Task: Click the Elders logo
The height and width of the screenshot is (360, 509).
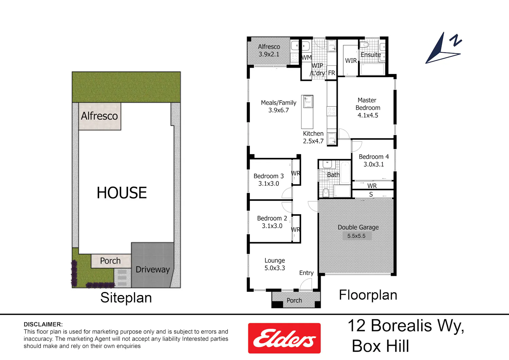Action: [284, 338]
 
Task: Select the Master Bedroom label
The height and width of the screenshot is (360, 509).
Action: [367, 104]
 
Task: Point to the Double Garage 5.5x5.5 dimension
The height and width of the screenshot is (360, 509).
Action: [356, 236]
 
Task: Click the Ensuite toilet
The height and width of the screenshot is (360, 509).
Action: [364, 44]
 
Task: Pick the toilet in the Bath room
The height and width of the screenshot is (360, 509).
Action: [326, 193]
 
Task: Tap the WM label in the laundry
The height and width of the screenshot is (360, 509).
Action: [306, 57]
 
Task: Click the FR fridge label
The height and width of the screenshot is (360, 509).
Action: [332, 73]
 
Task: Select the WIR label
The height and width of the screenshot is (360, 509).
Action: [351, 60]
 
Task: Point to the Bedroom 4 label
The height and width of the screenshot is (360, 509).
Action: [374, 157]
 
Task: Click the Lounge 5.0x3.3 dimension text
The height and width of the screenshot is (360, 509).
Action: [275, 268]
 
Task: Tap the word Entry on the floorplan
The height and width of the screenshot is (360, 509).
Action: [306, 273]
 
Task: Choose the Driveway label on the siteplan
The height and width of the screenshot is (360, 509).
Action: [153, 270]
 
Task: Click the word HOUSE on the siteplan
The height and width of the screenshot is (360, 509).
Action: [122, 193]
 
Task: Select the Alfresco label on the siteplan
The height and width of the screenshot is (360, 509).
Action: [99, 116]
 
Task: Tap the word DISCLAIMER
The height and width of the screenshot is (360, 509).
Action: [43, 324]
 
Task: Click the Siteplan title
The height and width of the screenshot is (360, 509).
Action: [126, 298]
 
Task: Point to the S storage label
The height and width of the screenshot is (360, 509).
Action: [371, 195]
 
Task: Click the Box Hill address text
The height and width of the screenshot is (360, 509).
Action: [380, 346]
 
